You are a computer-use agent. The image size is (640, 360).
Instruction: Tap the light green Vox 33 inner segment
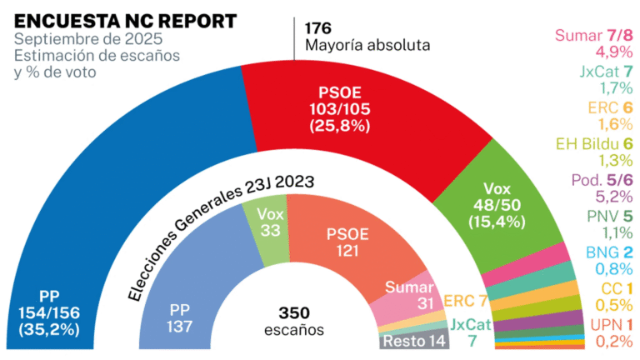coord(269,220)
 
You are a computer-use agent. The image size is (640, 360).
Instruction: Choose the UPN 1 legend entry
coord(612,324)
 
